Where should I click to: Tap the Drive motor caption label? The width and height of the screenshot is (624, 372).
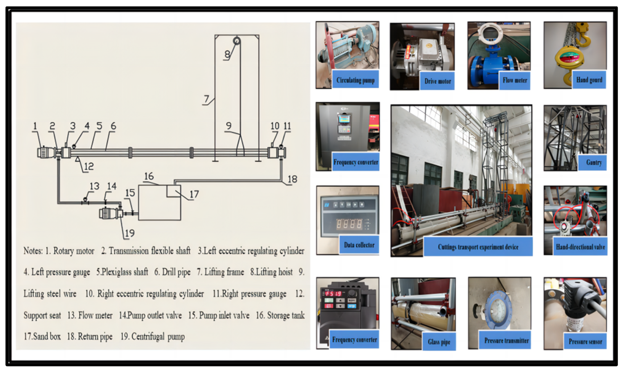click(x=437, y=81)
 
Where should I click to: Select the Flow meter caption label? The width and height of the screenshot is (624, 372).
click(x=515, y=80)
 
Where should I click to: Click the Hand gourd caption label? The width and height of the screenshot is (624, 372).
click(x=589, y=80)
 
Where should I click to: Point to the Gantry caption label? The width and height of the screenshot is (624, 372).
click(x=594, y=162)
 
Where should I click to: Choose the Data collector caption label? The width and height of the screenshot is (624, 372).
click(x=359, y=245)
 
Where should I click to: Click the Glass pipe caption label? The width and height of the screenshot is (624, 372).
click(x=439, y=342)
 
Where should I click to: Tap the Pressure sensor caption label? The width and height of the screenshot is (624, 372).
click(x=585, y=341)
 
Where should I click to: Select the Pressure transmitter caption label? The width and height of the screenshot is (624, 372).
click(x=506, y=340)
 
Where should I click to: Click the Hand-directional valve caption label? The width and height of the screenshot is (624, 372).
click(x=580, y=247)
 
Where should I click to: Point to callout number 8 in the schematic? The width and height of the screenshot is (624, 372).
click(x=227, y=54)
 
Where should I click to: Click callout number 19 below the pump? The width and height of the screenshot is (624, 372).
click(x=129, y=233)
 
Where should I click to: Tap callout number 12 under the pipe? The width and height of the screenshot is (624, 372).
click(x=89, y=166)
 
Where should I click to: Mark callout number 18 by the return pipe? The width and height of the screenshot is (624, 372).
click(x=292, y=179)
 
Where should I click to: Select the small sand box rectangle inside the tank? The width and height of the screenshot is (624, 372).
click(x=174, y=191)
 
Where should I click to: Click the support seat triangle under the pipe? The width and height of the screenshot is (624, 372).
click(x=77, y=159)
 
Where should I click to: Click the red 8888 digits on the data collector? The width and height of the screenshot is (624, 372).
click(x=349, y=224)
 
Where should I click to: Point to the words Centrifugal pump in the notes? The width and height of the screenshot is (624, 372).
click(x=158, y=337)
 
